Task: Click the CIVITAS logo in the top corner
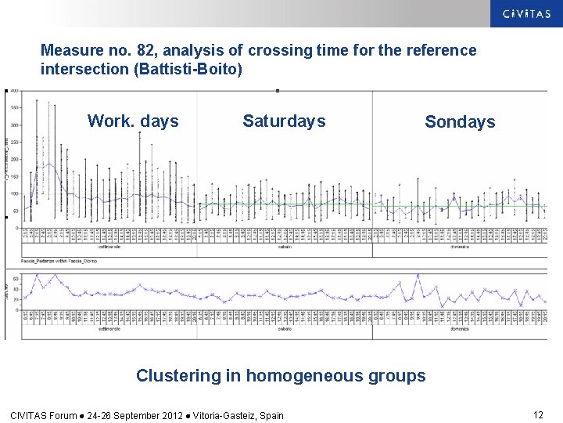[526, 13]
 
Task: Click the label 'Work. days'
[133, 121]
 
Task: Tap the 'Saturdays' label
[284, 121]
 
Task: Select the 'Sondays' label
[460, 122]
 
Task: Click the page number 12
[538, 414]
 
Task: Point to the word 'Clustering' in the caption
[178, 376]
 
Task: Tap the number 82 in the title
[145, 51]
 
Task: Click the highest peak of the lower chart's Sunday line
[418, 276]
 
